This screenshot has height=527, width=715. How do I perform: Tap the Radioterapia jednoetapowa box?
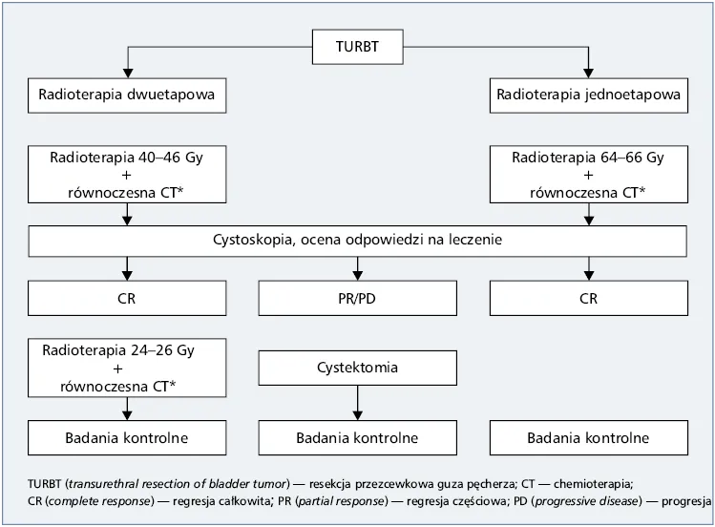click(588, 95)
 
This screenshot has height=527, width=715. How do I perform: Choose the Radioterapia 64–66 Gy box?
click(588, 175)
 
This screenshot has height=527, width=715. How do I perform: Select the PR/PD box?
click(356, 299)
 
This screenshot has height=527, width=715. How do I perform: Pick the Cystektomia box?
click(356, 368)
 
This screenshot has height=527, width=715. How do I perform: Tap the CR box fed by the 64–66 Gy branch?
click(588, 299)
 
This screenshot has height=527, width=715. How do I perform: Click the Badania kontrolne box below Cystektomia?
click(356, 438)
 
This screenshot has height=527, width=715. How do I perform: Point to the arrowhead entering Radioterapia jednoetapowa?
click(588, 74)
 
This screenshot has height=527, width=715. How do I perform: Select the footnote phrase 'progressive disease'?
click(607, 501)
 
